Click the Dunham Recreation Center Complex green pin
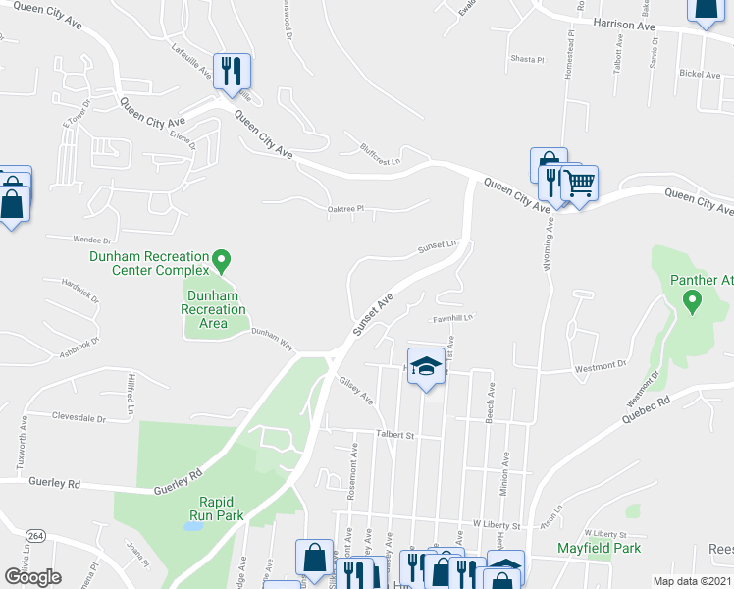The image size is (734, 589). [222, 261]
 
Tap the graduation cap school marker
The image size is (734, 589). [426, 367]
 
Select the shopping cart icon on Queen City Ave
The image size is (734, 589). [579, 182]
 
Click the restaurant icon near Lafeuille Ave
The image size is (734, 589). [232, 71]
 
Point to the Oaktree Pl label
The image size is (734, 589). [345, 208]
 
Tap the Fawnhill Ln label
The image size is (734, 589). [453, 318]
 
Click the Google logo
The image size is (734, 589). [32, 576]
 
